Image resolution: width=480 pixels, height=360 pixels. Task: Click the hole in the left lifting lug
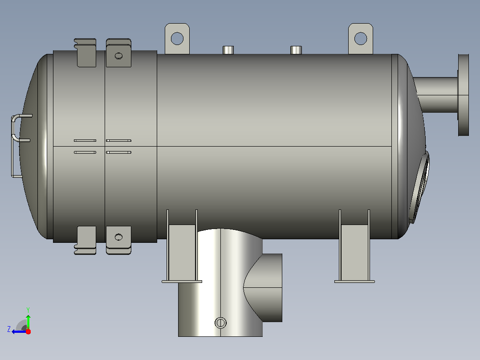177,39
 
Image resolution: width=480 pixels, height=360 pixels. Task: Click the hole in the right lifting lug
361,39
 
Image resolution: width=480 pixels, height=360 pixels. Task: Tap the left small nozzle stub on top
228,50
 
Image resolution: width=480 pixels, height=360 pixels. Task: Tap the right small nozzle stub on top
296,50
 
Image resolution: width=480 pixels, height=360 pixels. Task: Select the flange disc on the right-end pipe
464,95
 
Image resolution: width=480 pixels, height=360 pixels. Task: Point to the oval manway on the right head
419,187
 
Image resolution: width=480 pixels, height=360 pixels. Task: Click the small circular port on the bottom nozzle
220,323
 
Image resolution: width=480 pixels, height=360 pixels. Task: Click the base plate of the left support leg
182,282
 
